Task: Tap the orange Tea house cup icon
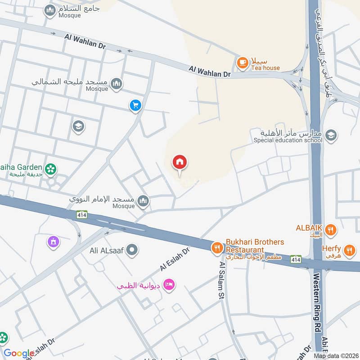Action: point(243,63)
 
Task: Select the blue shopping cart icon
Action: point(135,106)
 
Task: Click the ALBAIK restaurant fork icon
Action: point(331,229)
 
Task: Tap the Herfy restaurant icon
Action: point(349,249)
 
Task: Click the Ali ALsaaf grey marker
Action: point(132,249)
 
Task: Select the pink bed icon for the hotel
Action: point(169,285)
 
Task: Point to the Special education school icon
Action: point(331,135)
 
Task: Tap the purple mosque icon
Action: point(54,242)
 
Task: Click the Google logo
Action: point(19,353)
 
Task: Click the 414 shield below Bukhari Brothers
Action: point(295,260)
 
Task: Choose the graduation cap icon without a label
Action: point(78,127)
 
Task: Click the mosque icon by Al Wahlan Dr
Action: point(117,84)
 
